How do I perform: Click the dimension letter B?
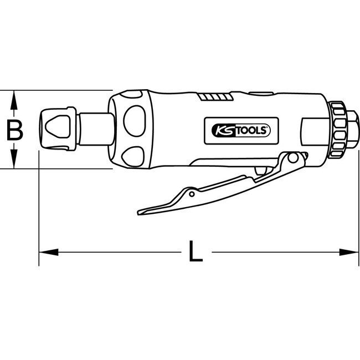(x=15, y=130)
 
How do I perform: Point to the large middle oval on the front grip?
(x=133, y=127)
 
